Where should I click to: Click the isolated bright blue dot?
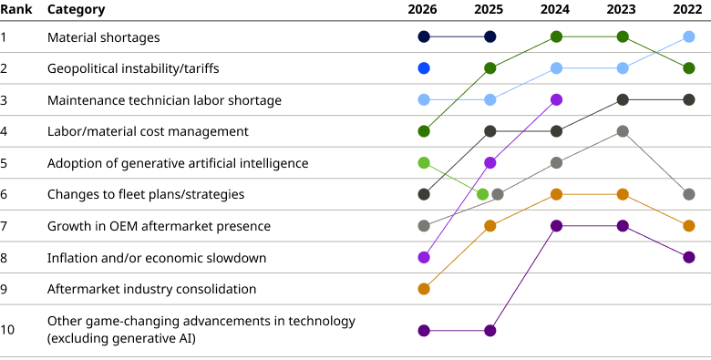pos(424,68)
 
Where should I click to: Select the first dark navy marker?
pos(424,36)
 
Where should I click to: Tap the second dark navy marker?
pos(490,36)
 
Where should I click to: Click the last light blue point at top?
pos(689,36)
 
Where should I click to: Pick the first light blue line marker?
pos(424,99)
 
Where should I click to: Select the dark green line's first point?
pos(424,131)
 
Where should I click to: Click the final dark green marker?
pos(689,68)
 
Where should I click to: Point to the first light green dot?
pos(424,163)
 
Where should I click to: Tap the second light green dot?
pos(483,194)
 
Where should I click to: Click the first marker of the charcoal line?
pos(424,194)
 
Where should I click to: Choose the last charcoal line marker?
pos(689,99)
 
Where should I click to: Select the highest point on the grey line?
pos(623,131)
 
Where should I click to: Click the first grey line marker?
pos(424,226)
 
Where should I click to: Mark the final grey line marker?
pos(689,194)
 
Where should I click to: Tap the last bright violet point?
pos(556,99)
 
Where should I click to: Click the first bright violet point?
pos(424,258)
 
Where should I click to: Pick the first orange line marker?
pos(424,289)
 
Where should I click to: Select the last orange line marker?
pos(689,226)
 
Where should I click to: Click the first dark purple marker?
pos(424,331)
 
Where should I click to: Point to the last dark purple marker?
pos(689,258)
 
